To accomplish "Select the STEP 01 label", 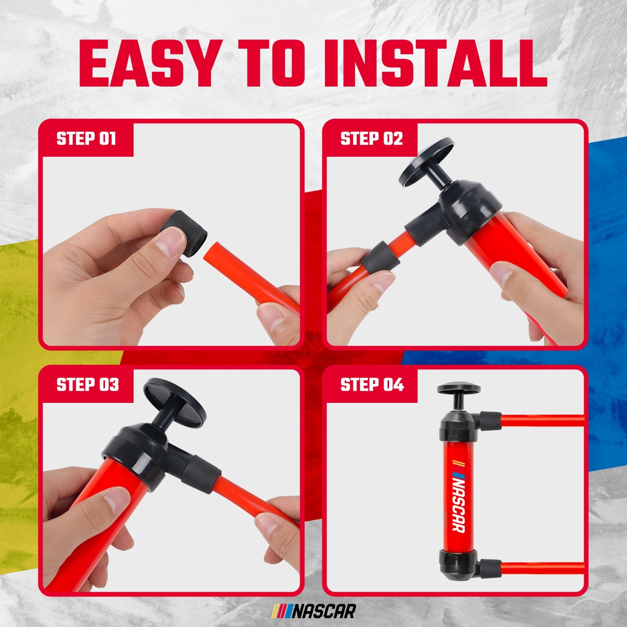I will tap(86, 139).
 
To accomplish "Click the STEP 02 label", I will tap(371, 139).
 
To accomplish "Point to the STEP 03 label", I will tap(87, 385).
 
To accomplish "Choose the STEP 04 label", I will tap(372, 385).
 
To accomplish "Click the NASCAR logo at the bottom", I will tap(314, 611).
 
